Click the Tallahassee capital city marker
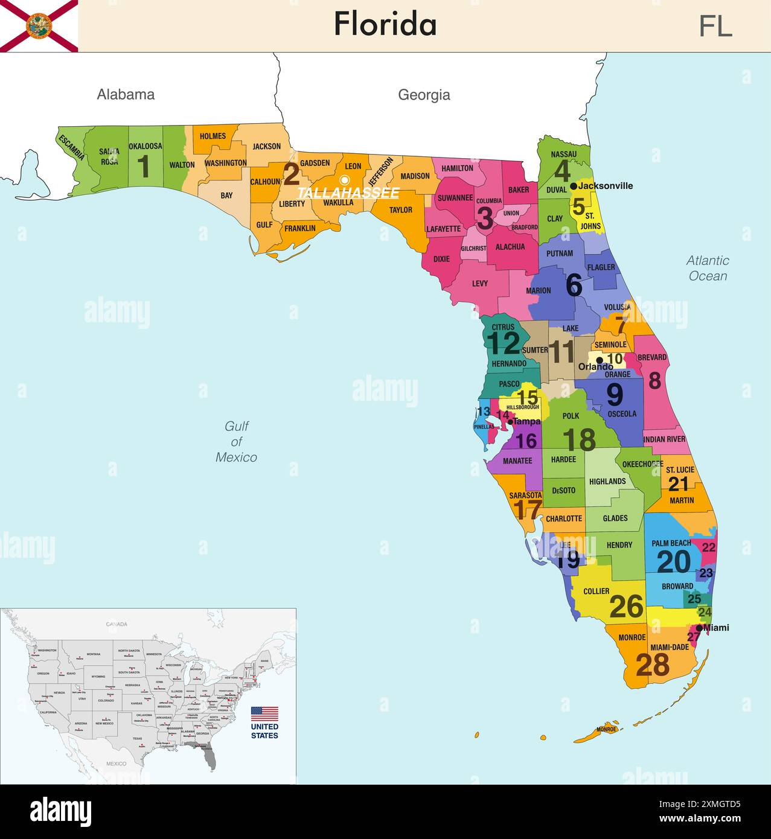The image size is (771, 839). [x=345, y=179]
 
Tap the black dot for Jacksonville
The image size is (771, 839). [x=573, y=186]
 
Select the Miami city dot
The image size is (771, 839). [x=699, y=628]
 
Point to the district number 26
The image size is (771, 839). [x=626, y=607]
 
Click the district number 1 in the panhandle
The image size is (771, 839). [x=144, y=167]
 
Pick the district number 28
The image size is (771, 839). [x=653, y=665]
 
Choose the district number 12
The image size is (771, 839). [x=503, y=343]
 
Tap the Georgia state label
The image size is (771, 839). [x=424, y=95]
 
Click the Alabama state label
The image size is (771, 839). [x=126, y=94]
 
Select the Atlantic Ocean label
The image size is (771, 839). [x=708, y=268]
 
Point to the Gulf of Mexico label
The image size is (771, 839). [x=236, y=442]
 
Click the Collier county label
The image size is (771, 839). [x=596, y=591]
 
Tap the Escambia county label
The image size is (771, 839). [x=71, y=147]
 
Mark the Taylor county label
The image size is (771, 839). [x=400, y=210]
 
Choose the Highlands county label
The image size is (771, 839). [x=607, y=481]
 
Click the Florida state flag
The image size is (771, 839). [x=39, y=25]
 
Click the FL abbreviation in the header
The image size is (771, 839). [x=715, y=26]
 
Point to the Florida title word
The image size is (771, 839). [x=385, y=25]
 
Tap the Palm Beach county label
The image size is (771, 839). [x=671, y=543]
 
